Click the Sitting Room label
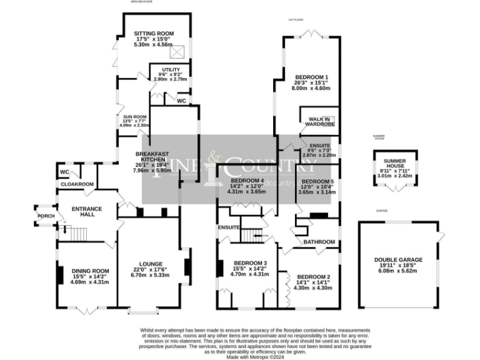tap(153, 33)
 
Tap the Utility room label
tap(171, 69)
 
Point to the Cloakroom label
tap(77, 184)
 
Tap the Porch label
tap(44, 217)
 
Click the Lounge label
tap(151, 264)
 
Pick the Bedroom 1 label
tap(312, 77)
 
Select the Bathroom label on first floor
tap(319, 241)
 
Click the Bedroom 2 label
tap(313, 276)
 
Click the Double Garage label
tap(398, 259)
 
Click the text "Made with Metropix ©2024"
tap(240, 356)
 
